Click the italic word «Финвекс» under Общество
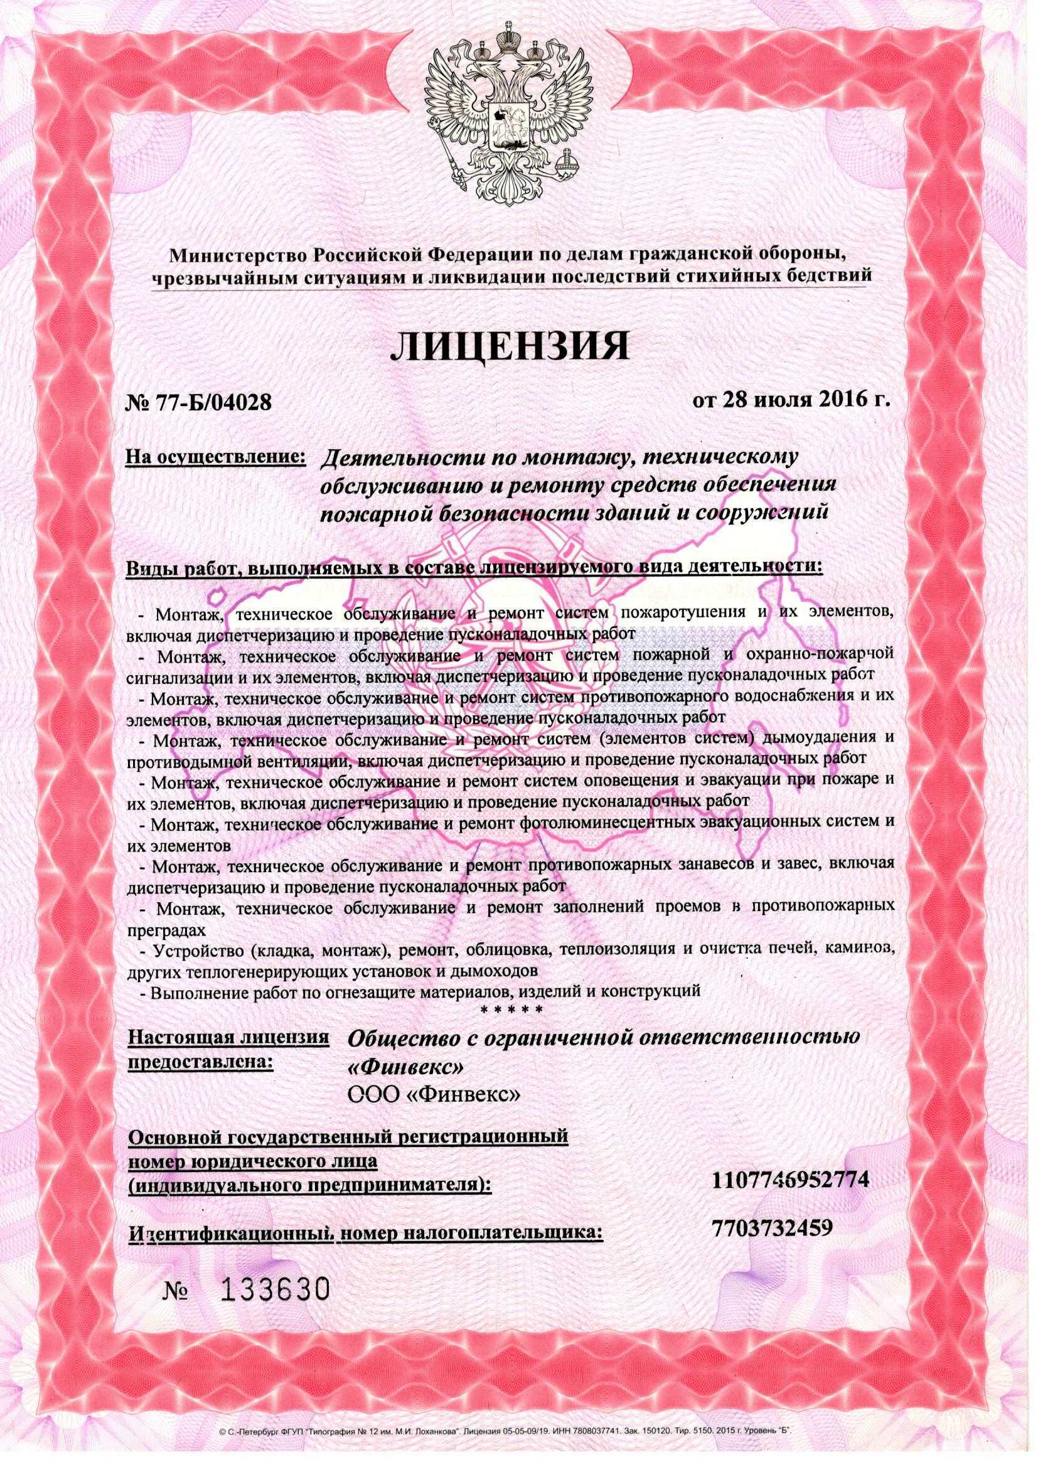[402, 1067]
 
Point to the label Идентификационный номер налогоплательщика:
[366, 1232]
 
